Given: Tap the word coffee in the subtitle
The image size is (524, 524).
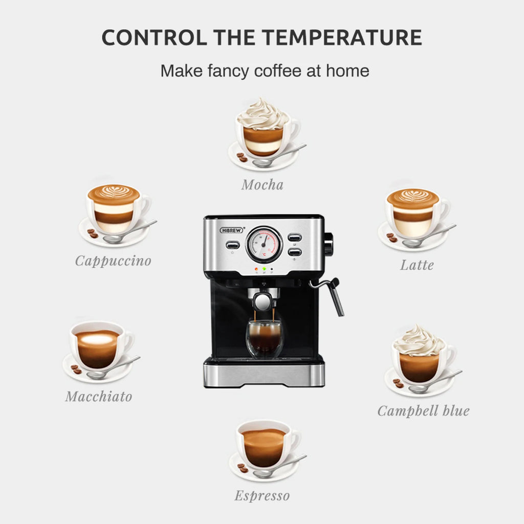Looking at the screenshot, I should [x=278, y=71].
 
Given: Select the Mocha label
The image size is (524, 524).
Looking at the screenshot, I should [x=262, y=184].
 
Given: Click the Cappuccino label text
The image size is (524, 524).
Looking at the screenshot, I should [x=113, y=260].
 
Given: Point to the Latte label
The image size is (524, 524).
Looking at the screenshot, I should [x=417, y=265].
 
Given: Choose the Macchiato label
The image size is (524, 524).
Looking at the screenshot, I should [x=99, y=396].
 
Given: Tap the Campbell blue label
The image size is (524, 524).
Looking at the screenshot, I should [x=423, y=410].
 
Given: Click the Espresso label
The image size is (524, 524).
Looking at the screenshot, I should [x=262, y=495].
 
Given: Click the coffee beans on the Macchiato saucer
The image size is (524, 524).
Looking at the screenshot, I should [x=76, y=369].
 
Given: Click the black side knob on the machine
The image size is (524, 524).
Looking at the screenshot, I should [x=328, y=243].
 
